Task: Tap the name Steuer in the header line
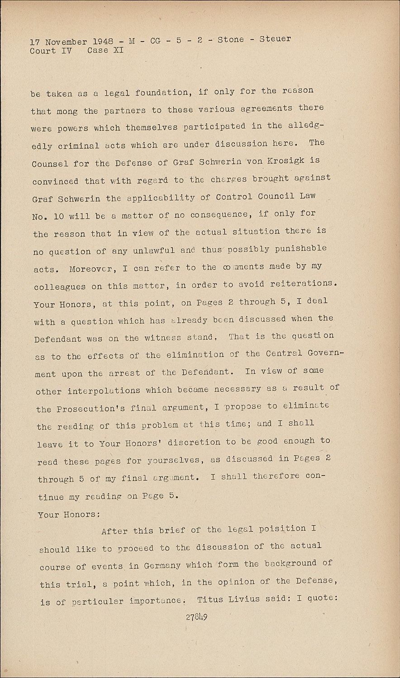275,39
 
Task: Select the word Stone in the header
231,39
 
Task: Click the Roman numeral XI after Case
118,51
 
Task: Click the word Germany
162,565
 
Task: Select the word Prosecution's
90,409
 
